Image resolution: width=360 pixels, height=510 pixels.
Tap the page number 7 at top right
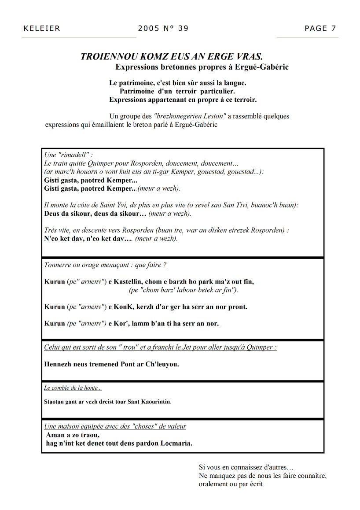point(334,29)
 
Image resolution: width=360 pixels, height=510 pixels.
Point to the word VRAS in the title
point(248,57)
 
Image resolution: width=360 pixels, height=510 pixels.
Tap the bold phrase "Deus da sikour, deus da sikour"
point(95,214)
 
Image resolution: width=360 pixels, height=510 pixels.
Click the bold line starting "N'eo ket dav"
point(88,239)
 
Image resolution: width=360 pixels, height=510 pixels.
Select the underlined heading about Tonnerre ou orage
point(105,265)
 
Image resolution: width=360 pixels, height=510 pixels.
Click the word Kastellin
point(132,281)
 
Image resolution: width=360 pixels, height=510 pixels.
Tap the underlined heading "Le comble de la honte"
point(73,388)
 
